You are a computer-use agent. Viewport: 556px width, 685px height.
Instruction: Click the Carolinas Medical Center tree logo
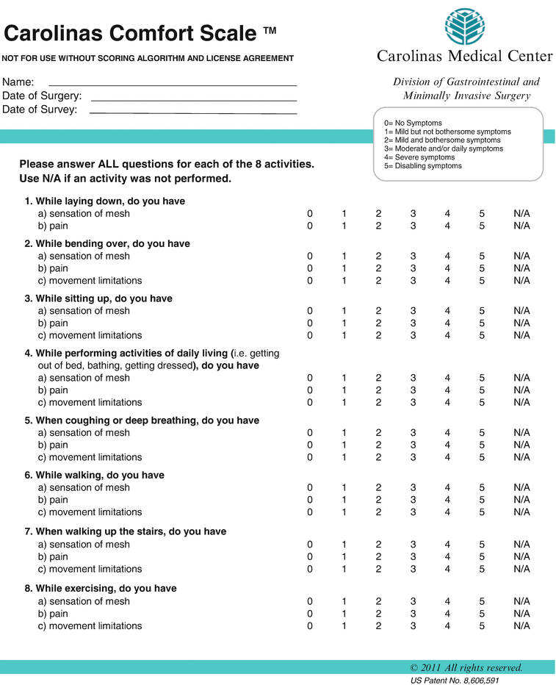464,26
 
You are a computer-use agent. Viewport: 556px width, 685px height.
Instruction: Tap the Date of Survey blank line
192,112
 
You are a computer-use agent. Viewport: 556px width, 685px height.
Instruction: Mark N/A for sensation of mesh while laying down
521,214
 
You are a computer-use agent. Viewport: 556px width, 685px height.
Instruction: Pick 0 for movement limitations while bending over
310,281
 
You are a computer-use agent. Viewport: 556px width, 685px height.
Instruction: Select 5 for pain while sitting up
482,323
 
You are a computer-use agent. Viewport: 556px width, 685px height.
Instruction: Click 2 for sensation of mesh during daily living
379,378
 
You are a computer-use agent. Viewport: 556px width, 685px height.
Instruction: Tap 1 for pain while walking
344,500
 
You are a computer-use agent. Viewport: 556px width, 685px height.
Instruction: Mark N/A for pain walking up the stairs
521,557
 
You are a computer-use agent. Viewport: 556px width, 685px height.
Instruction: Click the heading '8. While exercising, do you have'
101,589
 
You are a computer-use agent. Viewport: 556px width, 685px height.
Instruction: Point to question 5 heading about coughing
142,420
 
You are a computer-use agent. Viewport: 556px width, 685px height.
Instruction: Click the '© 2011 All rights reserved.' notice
466,668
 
